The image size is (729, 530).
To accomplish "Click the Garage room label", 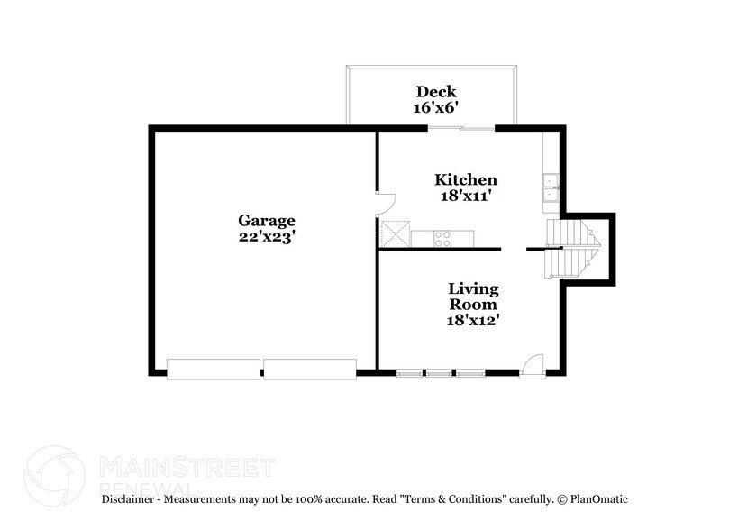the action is coord(267,220).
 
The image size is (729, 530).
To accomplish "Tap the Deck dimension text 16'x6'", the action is coord(436,108).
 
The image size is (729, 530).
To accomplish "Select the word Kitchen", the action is coord(466,179).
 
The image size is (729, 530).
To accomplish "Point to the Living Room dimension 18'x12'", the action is coord(473,320).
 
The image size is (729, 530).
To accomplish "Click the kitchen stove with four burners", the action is coord(442,239).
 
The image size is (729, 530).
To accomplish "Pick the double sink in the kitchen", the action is coord(551,187).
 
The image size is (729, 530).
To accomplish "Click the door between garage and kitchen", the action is coord(386,204).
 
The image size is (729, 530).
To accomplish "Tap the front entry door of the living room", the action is coord(533,367).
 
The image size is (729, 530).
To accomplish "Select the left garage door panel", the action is coord(214,370).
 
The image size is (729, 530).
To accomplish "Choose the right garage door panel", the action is coord(310,370).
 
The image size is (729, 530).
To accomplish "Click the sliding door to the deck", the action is coord(461,128).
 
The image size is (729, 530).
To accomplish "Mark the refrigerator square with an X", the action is coord(396,234).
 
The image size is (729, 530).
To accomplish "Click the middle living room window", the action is coord(439,373).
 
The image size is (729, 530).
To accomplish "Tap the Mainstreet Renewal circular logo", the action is coord(54,476).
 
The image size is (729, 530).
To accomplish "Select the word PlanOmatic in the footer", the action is coord(599,499).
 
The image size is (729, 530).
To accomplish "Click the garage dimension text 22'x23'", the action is coord(268,237).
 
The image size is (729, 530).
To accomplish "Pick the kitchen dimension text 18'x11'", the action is coord(466,196).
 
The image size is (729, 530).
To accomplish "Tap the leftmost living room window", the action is coord(410,373).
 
